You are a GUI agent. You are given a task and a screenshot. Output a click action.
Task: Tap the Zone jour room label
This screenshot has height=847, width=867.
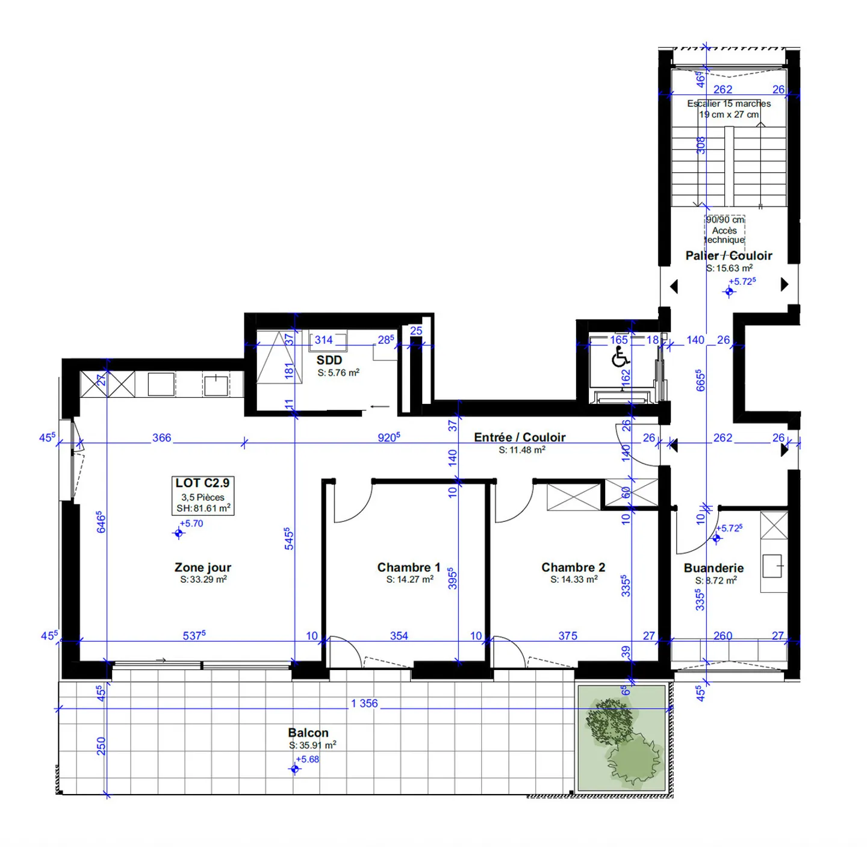click(x=203, y=567)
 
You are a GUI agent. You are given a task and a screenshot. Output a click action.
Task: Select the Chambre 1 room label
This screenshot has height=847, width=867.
click(x=409, y=567)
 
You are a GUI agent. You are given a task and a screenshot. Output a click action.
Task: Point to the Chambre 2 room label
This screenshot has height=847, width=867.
click(x=573, y=567)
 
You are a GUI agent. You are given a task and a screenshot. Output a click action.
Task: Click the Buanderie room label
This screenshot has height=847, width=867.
click(x=713, y=568)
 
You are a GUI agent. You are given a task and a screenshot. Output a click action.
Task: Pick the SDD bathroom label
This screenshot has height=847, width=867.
click(x=329, y=360)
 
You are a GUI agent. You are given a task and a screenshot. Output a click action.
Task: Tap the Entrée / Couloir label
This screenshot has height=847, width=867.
click(x=520, y=437)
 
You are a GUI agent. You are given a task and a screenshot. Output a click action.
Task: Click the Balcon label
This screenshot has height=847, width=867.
click(x=308, y=733)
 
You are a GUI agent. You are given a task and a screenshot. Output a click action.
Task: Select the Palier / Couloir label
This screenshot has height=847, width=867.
click(x=729, y=255)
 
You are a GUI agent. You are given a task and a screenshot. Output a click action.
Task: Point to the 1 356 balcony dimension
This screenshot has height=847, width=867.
click(x=365, y=703)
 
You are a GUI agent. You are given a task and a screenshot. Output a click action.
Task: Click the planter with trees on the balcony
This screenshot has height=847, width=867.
click(x=622, y=739)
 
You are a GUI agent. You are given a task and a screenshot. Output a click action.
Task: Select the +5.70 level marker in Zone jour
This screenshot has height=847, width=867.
click(x=179, y=533)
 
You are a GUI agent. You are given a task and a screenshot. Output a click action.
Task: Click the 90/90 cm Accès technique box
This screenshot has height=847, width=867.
click(x=725, y=230)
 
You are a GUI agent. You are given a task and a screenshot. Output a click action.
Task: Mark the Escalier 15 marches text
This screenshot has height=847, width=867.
click(x=729, y=104)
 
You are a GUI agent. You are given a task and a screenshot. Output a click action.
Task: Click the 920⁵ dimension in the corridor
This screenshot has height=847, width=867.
click(x=389, y=438)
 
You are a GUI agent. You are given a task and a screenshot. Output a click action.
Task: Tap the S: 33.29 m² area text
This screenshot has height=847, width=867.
click(x=204, y=580)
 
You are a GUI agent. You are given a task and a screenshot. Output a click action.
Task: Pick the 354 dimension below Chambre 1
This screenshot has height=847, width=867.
click(x=399, y=636)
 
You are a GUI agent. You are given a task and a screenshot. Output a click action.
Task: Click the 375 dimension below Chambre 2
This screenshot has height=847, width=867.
click(x=568, y=636)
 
